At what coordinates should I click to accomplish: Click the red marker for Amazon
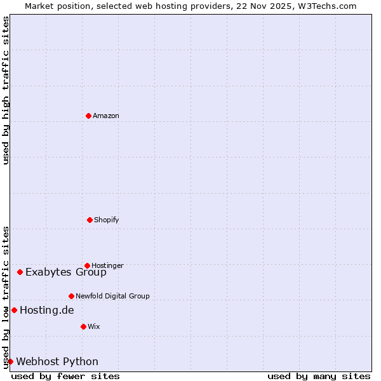coord(88,116)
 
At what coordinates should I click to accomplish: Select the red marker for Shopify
coord(90,220)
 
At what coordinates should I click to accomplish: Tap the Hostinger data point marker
coord(87,265)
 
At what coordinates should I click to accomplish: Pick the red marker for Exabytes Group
coord(20,272)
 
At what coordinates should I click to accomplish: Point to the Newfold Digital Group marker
coord(71,296)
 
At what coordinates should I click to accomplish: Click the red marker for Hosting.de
coord(14,310)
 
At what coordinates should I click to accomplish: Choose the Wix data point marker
coord(83,326)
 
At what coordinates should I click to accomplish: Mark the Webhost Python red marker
coord(10,361)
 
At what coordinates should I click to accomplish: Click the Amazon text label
coord(106,116)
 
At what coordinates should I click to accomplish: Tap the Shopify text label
coord(107,220)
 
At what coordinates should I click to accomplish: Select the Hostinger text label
coord(107,265)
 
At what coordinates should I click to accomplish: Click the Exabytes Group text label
coord(66,272)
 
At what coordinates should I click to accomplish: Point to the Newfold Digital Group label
coord(112,296)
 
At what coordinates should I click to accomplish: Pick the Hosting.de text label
coord(47,311)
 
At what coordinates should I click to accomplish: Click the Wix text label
coord(94,326)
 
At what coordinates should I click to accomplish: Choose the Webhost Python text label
coord(57,362)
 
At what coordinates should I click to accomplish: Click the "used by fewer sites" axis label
coord(65,376)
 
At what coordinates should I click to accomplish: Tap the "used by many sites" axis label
coord(319,376)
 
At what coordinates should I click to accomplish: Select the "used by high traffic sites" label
coord(6,90)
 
